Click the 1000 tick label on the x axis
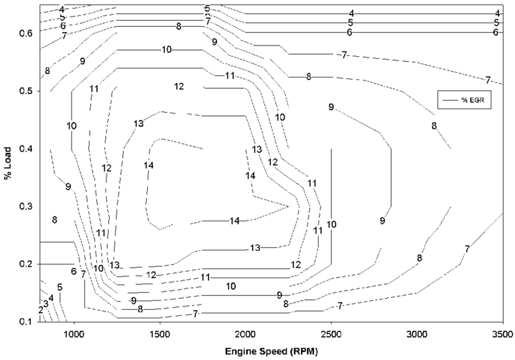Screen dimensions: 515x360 (74, 334)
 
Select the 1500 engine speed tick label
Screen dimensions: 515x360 (160, 334)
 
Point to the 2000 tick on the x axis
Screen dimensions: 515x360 (245, 334)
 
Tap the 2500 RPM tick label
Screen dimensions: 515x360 (331, 334)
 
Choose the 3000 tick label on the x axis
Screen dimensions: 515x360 (417, 334)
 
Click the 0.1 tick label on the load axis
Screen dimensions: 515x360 (26, 322)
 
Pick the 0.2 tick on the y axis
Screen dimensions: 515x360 (26, 264)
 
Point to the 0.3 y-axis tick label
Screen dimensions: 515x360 (26, 206)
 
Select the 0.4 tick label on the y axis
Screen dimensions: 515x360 (26, 149)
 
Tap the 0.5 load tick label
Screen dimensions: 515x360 (26, 91)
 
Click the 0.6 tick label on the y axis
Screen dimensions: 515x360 (26, 34)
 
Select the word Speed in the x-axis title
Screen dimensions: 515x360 (274, 352)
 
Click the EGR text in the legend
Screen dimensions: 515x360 (476, 100)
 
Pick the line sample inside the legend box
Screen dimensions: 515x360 (450, 100)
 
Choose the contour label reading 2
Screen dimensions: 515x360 (41, 310)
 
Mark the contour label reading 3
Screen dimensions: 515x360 (46, 304)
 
